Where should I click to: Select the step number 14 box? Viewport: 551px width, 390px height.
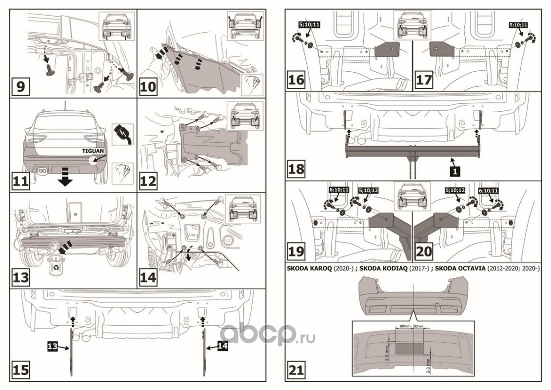148,278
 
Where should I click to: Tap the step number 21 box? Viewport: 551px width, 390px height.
296,370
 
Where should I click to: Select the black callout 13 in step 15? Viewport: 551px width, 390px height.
53,346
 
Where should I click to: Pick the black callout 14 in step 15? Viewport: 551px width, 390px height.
222,346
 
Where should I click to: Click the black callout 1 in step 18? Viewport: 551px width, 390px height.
455,172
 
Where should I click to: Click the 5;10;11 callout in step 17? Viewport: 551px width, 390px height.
518,25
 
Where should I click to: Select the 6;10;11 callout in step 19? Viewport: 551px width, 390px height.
339,190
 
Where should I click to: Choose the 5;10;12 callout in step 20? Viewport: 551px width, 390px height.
455,190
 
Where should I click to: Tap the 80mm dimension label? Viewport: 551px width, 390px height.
418,327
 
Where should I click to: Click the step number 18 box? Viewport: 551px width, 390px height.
296,168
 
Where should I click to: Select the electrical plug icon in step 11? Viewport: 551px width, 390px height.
123,134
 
